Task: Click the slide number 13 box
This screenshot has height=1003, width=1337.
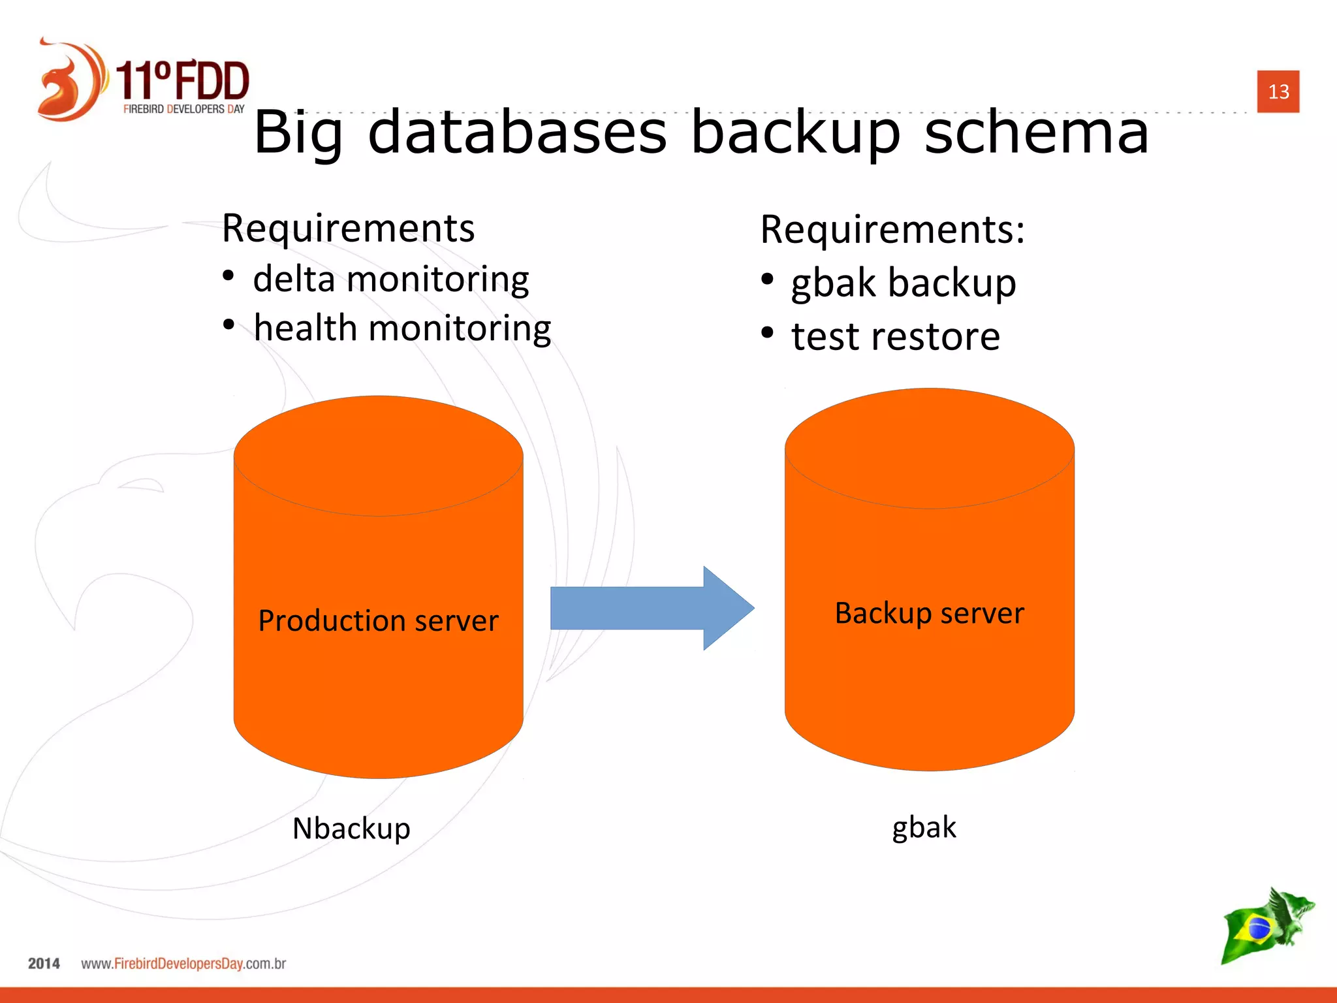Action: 1278,91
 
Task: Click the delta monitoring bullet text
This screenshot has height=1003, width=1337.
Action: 390,279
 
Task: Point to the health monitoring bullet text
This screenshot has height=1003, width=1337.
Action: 402,328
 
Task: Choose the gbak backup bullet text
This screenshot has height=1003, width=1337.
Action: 904,283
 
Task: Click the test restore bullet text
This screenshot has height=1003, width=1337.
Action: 896,337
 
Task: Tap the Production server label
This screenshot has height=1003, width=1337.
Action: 378,620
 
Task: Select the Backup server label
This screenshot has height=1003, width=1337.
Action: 929,613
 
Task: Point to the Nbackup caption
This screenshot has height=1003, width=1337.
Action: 351,829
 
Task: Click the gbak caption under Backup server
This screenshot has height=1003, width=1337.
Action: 924,827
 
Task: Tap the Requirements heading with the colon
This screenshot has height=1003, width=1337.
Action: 892,230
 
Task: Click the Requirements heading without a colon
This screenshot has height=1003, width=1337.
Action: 348,228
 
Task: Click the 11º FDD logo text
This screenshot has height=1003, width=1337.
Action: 183,82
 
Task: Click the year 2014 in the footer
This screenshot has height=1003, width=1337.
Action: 44,964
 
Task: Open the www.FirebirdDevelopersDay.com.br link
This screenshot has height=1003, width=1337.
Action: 183,964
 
